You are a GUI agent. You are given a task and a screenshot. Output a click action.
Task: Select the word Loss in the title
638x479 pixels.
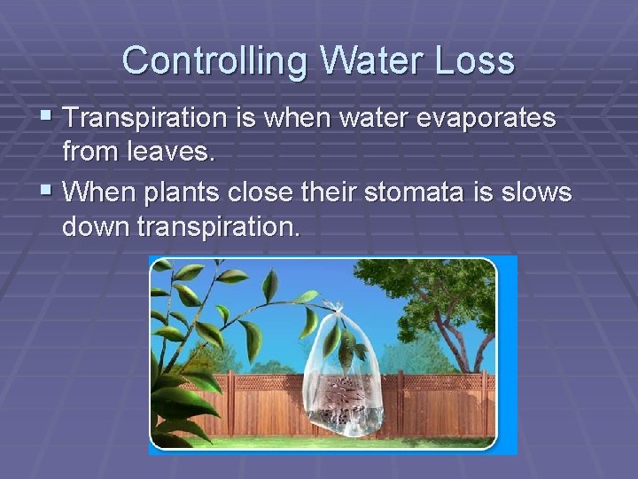pos(479,60)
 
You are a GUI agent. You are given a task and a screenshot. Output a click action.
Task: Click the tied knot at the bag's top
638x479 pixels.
pos(335,308)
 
